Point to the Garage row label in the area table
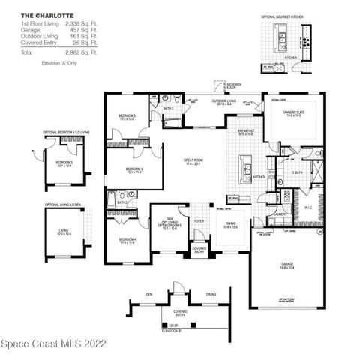click(x=29, y=30)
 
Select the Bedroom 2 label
click(x=126, y=116)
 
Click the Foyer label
click(x=199, y=222)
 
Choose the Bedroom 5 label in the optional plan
click(x=64, y=163)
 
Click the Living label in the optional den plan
click(x=66, y=231)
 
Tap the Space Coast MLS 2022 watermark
click(x=53, y=345)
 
